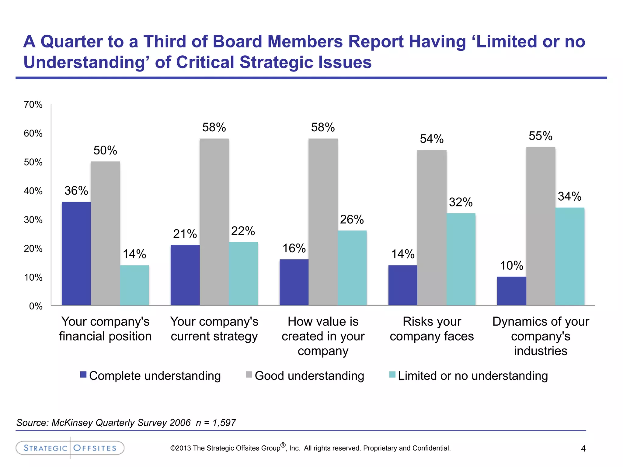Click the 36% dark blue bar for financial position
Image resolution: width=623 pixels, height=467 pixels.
[x=76, y=254]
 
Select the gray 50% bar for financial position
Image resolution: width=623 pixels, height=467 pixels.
[x=105, y=233]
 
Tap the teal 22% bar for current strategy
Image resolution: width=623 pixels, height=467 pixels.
[x=243, y=274]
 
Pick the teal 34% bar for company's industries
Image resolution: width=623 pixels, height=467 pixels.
[x=569, y=257]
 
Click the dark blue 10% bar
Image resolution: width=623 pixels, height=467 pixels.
[x=511, y=291]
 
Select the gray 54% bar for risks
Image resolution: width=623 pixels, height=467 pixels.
[x=432, y=228]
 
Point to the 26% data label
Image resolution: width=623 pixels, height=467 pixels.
[x=352, y=220]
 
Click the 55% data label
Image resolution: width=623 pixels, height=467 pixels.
[x=540, y=136]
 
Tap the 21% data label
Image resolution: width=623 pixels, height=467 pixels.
[x=185, y=234]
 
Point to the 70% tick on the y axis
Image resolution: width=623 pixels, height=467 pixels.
[x=33, y=105]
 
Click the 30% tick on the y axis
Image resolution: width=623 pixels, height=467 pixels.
[x=33, y=220]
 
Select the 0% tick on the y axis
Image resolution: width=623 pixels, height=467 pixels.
[x=36, y=306]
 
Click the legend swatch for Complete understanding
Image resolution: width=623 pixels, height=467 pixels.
[x=83, y=375]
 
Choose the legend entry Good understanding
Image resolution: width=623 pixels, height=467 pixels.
[x=309, y=376]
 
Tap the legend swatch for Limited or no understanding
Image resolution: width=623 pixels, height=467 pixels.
[x=392, y=375]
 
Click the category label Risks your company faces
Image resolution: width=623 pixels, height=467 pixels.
[x=432, y=329]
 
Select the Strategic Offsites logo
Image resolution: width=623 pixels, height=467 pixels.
[x=70, y=448]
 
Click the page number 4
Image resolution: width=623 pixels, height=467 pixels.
[x=583, y=448]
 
